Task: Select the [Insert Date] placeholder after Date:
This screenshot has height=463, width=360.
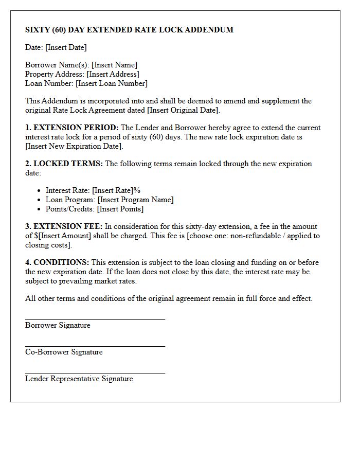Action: click(66, 47)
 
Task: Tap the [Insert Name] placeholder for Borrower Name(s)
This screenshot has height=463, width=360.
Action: click(114, 65)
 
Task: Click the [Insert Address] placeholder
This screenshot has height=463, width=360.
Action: click(113, 74)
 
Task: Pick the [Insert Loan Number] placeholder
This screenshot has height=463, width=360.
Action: click(112, 83)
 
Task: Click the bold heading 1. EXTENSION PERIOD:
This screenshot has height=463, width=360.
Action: click(72, 128)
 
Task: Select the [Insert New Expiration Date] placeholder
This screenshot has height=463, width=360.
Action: click(74, 146)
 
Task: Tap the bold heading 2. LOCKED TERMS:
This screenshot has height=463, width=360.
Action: click(64, 164)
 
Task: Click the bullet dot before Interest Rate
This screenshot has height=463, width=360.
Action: click(40, 191)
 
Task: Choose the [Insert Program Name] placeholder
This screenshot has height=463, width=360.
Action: click(136, 200)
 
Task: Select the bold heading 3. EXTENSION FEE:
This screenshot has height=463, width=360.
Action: click(64, 226)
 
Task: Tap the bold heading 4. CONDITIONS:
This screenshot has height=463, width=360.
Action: click(57, 262)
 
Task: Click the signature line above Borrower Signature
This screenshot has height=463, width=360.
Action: click(95, 319)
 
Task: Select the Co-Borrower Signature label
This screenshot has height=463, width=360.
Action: click(64, 352)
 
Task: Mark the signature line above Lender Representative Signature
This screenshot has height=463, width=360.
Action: click(95, 373)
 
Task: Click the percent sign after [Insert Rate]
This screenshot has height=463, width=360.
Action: click(137, 190)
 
